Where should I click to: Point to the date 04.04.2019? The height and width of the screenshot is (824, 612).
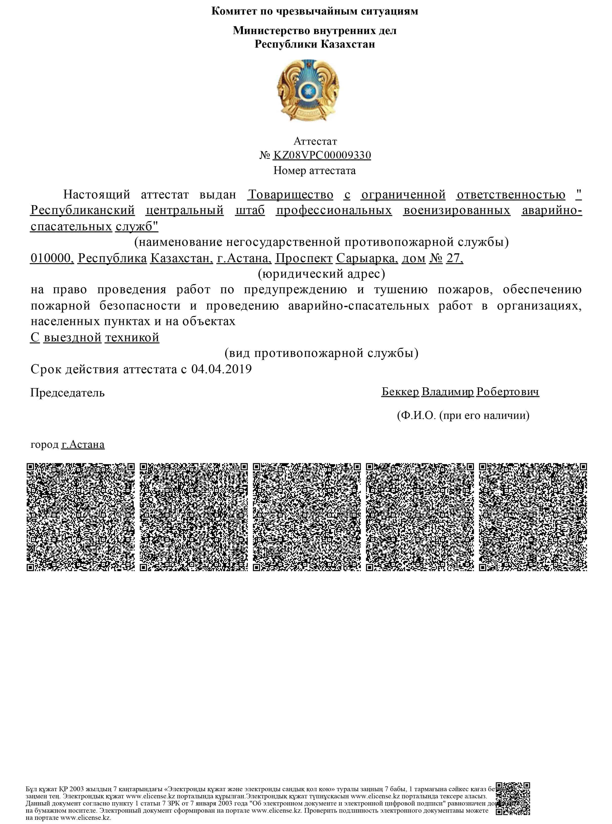point(221,369)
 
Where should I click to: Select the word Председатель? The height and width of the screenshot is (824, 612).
point(67,393)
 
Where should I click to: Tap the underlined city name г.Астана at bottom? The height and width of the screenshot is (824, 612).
point(83,444)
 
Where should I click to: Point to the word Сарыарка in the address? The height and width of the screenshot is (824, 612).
point(366,258)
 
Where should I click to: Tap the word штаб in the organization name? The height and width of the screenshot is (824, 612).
point(250,211)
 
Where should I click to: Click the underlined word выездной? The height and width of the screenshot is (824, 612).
point(72,337)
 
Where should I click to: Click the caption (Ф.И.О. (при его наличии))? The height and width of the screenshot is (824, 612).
point(463,415)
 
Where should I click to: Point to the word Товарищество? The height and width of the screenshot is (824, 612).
point(290,195)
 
